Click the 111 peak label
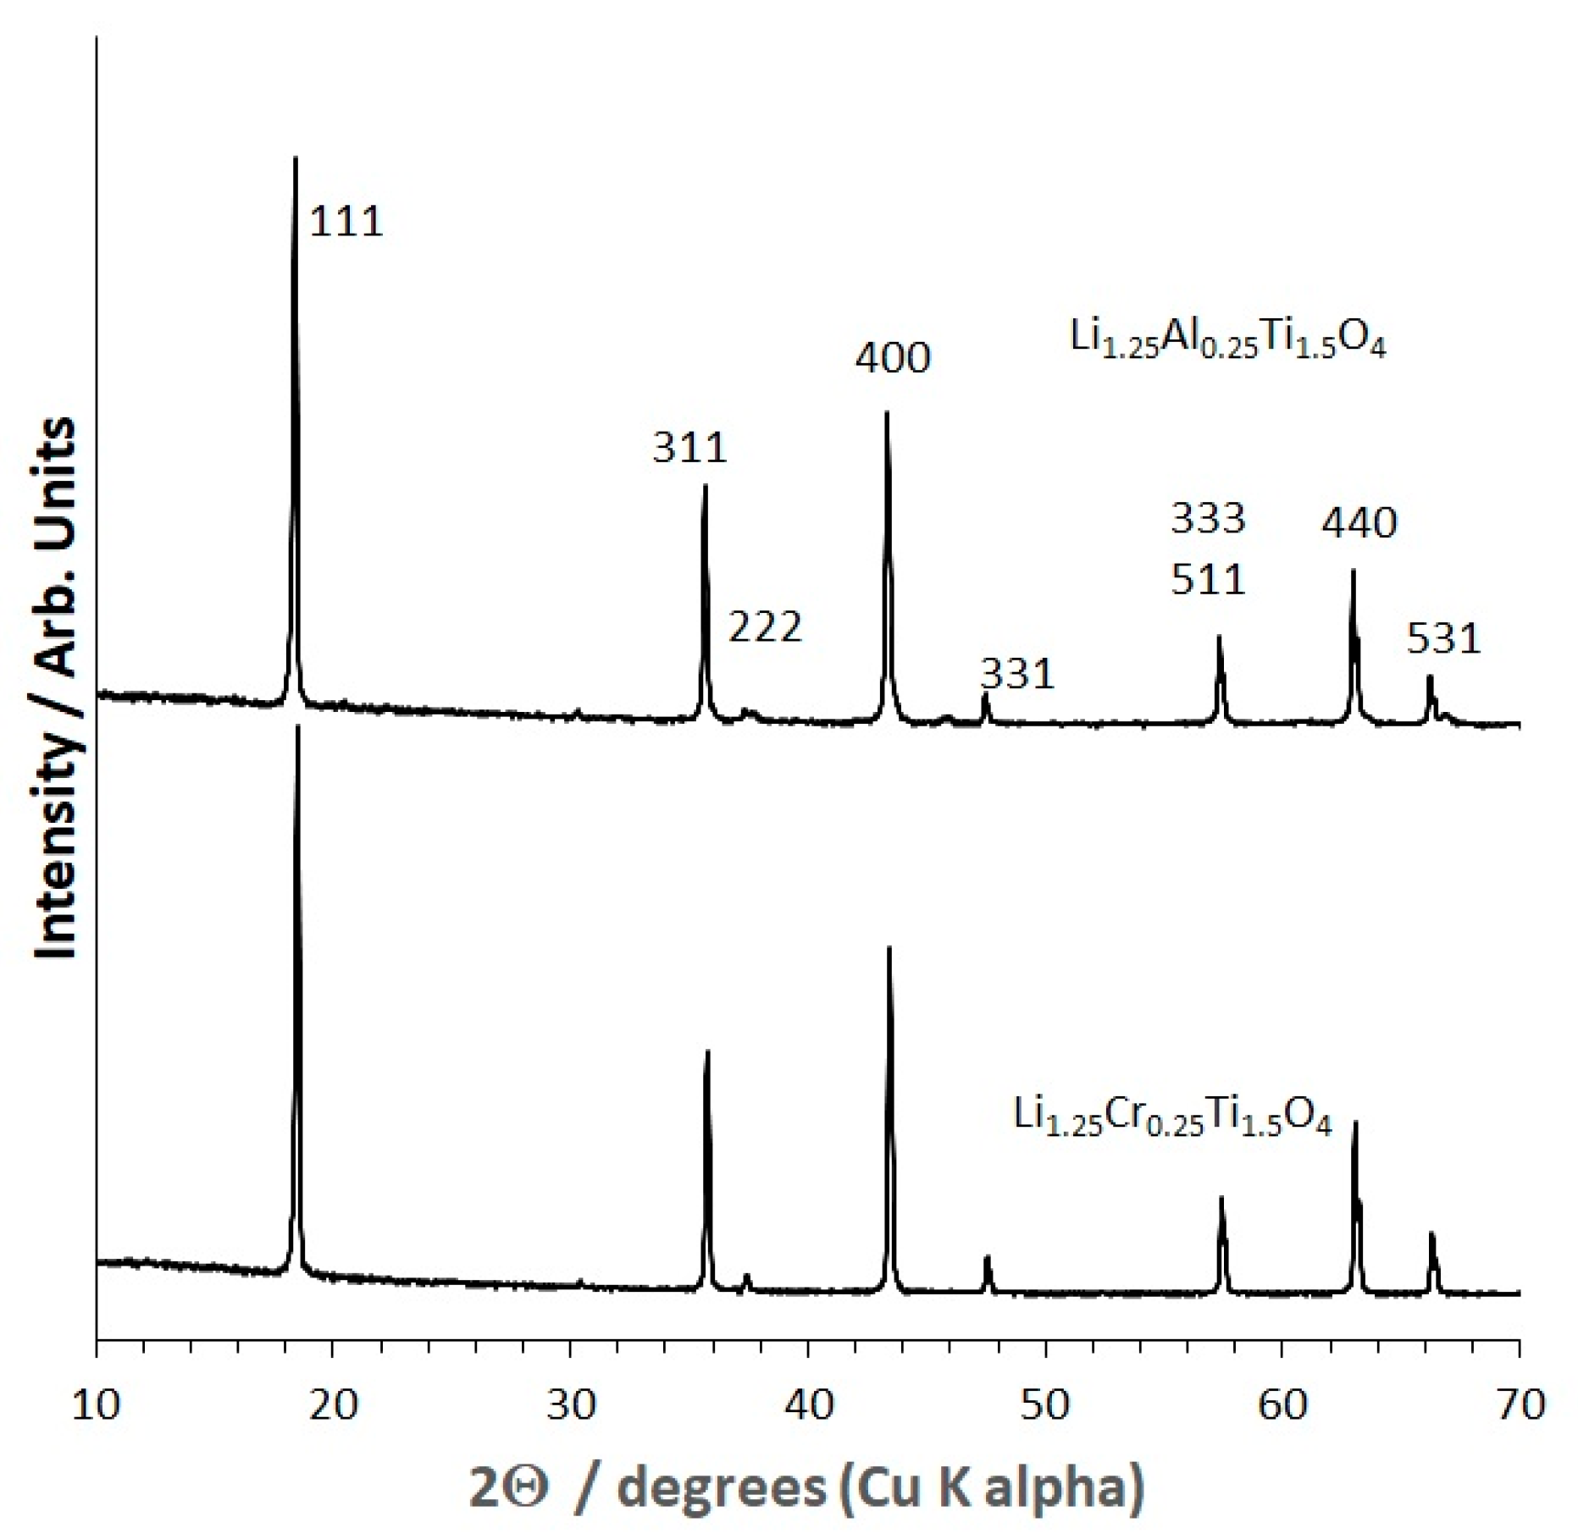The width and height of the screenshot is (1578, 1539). click(x=346, y=222)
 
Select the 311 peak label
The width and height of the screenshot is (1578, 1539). click(x=689, y=447)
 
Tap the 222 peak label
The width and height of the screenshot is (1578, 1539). click(x=765, y=627)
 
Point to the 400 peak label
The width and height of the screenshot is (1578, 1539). click(x=893, y=357)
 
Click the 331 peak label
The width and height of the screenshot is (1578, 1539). click(x=1017, y=674)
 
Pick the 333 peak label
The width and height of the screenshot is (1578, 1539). click(x=1208, y=518)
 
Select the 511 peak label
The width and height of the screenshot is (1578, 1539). click(x=1208, y=580)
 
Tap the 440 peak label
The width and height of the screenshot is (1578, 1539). click(x=1359, y=523)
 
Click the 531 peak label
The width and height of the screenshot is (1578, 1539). click(x=1443, y=638)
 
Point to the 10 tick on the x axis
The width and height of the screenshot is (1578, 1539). click(x=97, y=1405)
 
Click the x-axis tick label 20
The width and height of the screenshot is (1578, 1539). click(x=334, y=1405)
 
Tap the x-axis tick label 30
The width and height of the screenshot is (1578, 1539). click(x=571, y=1405)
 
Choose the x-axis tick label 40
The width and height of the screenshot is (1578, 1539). click(x=808, y=1405)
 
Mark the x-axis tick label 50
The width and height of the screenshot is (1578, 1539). click(x=1045, y=1405)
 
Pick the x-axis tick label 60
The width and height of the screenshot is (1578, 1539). click(x=1282, y=1405)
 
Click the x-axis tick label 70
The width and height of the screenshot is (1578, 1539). click(x=1520, y=1405)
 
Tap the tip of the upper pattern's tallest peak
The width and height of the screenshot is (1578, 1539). click(x=296, y=157)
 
